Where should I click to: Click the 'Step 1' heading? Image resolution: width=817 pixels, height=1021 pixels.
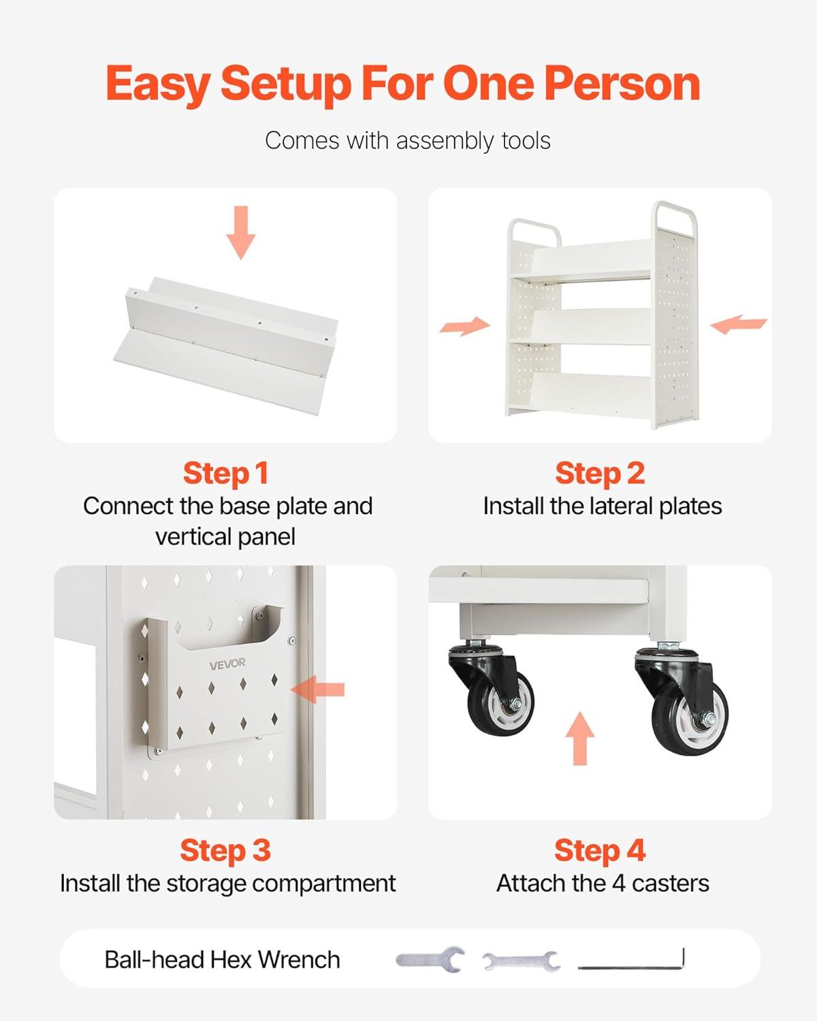click(225, 474)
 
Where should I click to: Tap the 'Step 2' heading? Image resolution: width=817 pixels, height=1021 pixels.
click(600, 474)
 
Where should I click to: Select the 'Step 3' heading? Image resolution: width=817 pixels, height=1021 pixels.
click(225, 851)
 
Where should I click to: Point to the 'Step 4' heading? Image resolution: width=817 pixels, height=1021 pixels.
click(600, 851)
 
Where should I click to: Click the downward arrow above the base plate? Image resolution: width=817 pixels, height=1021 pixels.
click(241, 233)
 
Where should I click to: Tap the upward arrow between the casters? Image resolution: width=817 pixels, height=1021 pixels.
click(580, 739)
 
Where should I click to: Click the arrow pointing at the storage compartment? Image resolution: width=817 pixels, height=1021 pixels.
click(317, 690)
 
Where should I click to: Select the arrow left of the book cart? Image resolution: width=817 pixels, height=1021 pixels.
click(465, 326)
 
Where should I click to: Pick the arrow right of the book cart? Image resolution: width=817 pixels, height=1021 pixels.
click(739, 324)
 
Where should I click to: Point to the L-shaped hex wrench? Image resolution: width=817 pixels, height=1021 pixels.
click(631, 961)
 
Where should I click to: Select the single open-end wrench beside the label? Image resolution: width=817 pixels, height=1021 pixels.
click(430, 960)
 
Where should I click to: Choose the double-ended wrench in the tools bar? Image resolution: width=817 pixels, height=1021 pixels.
click(522, 961)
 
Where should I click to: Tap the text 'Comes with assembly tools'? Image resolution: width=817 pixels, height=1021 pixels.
click(408, 141)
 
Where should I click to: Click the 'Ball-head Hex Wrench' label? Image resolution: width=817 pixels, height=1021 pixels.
click(222, 960)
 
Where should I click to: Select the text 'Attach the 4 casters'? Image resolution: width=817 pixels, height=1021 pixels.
click(603, 884)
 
